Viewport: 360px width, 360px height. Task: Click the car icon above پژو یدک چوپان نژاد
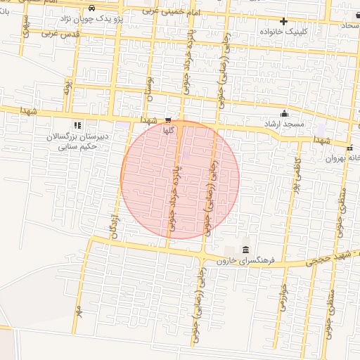click(93, 7)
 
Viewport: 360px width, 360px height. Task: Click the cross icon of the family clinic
click(284, 21)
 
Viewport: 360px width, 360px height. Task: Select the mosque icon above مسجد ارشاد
click(284, 114)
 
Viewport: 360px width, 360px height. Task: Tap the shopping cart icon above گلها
click(167, 120)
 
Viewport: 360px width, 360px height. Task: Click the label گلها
click(167, 131)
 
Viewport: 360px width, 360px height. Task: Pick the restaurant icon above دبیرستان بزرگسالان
click(77, 124)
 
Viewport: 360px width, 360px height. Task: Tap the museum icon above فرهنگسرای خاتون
click(245, 250)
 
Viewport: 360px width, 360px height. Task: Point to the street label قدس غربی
click(59, 32)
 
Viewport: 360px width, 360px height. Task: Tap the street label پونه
click(68, 87)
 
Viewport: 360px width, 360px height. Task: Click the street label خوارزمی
click(283, 295)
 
